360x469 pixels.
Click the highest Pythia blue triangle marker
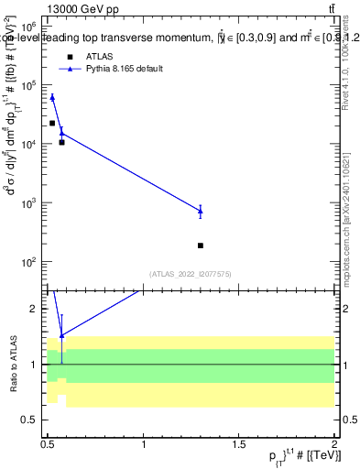pos(52,96)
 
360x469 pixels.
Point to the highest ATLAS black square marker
pos(52,123)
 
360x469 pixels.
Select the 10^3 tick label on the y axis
pos(28,203)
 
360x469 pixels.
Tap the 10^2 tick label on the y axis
pos(28,262)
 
